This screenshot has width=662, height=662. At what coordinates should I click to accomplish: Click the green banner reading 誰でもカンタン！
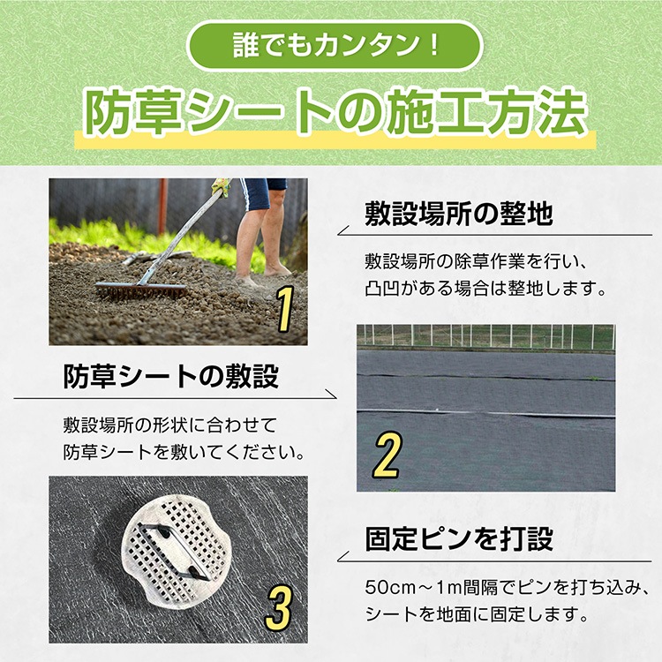coord(335,46)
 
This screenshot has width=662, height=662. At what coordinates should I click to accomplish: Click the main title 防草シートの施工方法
coord(335,113)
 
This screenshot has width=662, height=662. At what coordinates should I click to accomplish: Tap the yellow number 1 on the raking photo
coord(286,309)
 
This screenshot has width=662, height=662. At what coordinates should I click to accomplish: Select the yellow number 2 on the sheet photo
coord(387,455)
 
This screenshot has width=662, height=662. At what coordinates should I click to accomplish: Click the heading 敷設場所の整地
coord(459,214)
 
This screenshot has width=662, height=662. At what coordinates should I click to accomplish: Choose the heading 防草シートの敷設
coord(170,376)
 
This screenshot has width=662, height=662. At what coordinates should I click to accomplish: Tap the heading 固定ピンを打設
coord(459,538)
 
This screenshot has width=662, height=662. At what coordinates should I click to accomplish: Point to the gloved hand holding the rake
coord(222,186)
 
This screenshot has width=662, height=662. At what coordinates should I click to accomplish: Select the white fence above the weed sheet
coord(485,336)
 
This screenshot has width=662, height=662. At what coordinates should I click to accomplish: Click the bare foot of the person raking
coord(277,270)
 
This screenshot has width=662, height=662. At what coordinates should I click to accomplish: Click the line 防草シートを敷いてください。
coord(184,452)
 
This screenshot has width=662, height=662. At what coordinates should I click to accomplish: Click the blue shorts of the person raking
coord(261,192)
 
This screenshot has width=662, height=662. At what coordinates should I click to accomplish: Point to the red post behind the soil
coord(162,206)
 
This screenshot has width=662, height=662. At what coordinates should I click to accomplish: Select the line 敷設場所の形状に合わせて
coord(169,425)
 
